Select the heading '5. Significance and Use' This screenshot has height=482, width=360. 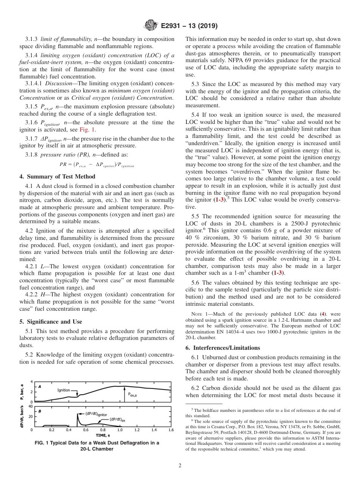coord(50,321)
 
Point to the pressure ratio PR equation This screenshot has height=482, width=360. coord(97,165)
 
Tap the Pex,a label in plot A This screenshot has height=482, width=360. coord(132,394)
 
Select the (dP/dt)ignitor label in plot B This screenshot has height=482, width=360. coord(96,413)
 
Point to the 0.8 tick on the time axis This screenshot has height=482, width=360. coord(103,430)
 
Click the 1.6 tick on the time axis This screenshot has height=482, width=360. coord(171,430)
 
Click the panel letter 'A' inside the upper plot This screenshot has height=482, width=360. coord(39,386)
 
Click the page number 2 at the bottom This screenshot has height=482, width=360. coord(180,466)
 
